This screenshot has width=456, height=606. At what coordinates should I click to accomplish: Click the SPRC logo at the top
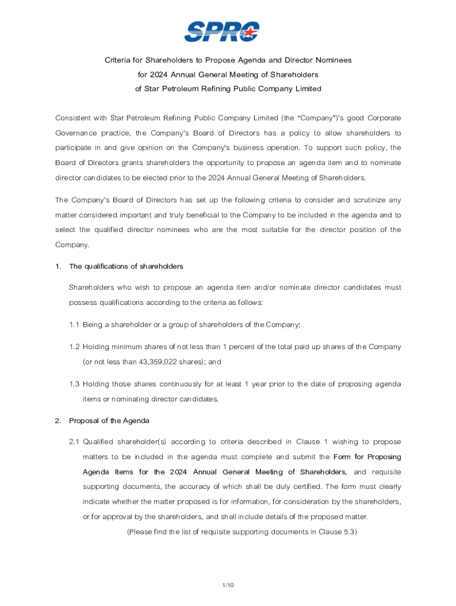click(222, 31)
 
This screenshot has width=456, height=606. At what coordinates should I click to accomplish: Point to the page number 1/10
click(229, 585)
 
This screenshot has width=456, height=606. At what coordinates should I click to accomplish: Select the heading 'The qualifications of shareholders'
click(126, 266)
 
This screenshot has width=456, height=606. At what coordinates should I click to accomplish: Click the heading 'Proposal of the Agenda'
click(109, 420)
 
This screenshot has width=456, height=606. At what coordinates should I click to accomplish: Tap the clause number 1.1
click(74, 324)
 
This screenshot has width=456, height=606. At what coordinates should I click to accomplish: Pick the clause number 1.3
click(74, 384)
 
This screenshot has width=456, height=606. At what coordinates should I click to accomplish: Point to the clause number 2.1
click(74, 441)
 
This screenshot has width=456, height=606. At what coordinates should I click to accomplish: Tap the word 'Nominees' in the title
click(333, 60)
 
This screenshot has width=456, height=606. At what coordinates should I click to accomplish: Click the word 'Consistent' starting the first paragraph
click(74, 118)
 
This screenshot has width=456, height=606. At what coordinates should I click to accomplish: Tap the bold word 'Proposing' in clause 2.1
click(385, 456)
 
